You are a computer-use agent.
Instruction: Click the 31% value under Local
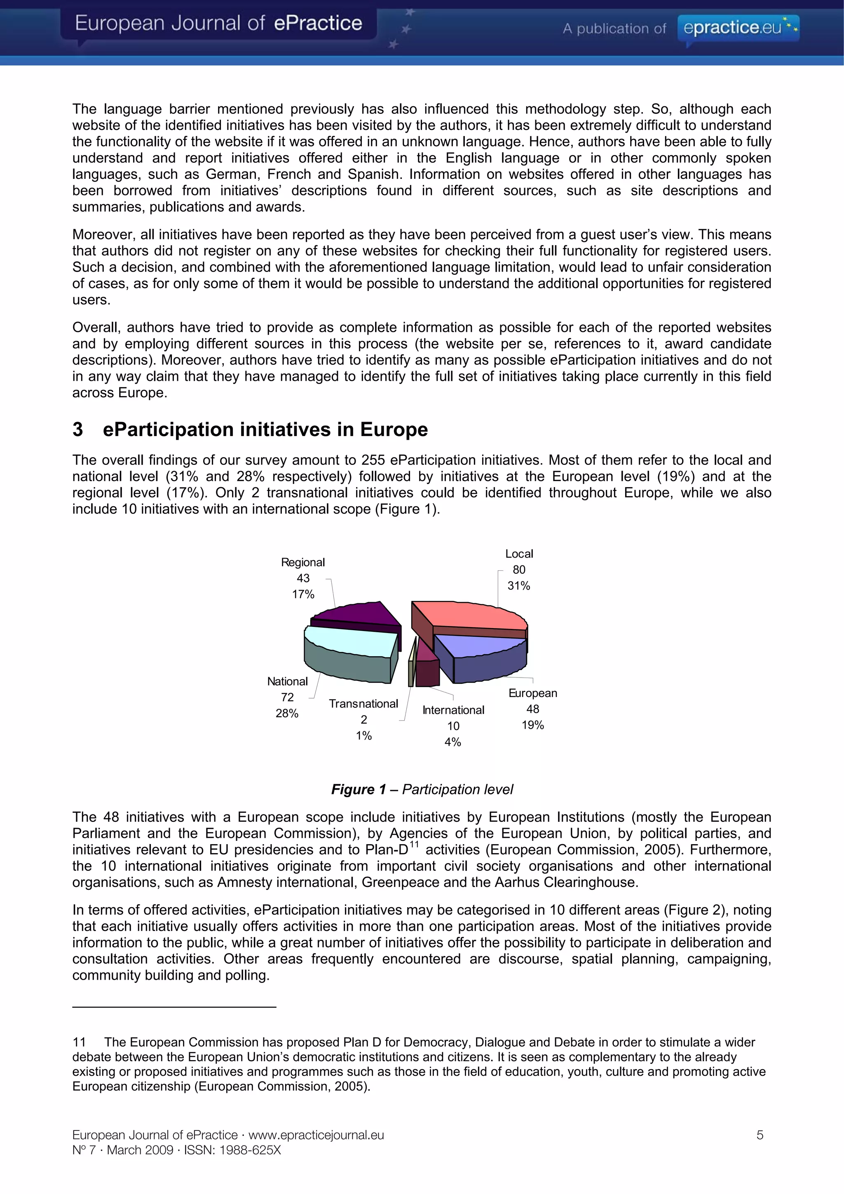tap(518, 586)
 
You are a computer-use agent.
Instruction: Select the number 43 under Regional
tap(303, 578)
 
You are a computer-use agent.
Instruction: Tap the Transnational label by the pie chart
tap(363, 704)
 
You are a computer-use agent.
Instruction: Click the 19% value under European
tap(532, 725)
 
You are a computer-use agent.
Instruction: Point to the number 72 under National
tap(287, 697)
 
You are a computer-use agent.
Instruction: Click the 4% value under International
tap(452, 742)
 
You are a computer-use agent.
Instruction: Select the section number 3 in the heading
tap(77, 429)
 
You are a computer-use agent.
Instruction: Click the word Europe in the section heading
tap(394, 429)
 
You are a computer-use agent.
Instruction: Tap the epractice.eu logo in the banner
tap(738, 28)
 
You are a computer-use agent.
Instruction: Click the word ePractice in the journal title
tap(318, 23)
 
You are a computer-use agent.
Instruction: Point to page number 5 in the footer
tap(760, 1135)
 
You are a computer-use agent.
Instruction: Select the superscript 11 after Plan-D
tap(414, 844)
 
